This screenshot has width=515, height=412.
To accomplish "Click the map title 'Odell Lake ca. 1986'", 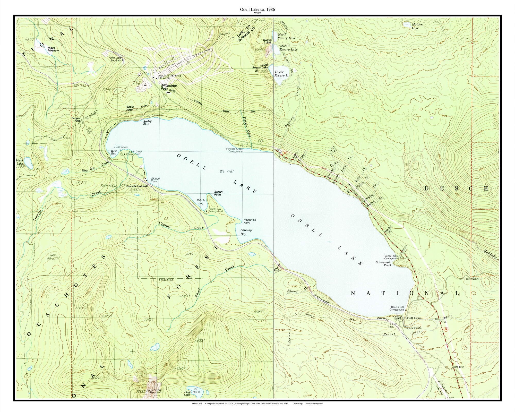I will click(x=257, y=9).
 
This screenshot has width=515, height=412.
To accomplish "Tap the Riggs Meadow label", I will click(x=53, y=49).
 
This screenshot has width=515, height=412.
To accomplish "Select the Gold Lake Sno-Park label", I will click(x=115, y=59).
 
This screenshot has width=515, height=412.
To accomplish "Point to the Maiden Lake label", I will click(x=417, y=26).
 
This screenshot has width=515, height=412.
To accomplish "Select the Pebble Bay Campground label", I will click(x=215, y=210).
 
